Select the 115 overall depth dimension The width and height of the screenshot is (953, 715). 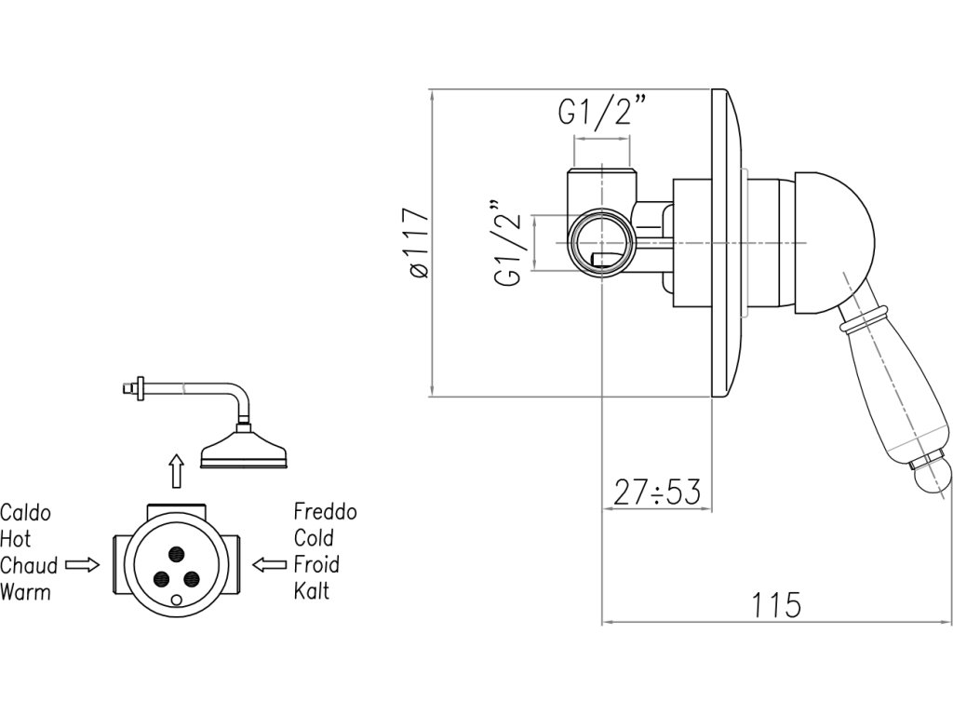776,605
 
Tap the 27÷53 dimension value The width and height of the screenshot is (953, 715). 657,492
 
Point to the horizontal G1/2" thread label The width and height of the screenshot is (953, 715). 602,112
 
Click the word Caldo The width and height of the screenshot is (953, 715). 25,513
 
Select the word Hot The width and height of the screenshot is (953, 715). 16,539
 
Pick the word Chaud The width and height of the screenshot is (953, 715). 29,565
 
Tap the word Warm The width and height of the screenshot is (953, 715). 25,591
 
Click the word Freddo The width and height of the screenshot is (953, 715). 325,512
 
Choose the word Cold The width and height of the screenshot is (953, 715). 314,538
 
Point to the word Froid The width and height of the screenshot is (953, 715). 316,564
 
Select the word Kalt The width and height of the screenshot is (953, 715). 311,590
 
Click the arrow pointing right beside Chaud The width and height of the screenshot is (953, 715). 83,564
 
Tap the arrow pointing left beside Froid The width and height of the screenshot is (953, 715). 270,564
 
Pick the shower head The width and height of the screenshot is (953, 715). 246,450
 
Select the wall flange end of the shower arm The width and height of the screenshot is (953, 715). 140,386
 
